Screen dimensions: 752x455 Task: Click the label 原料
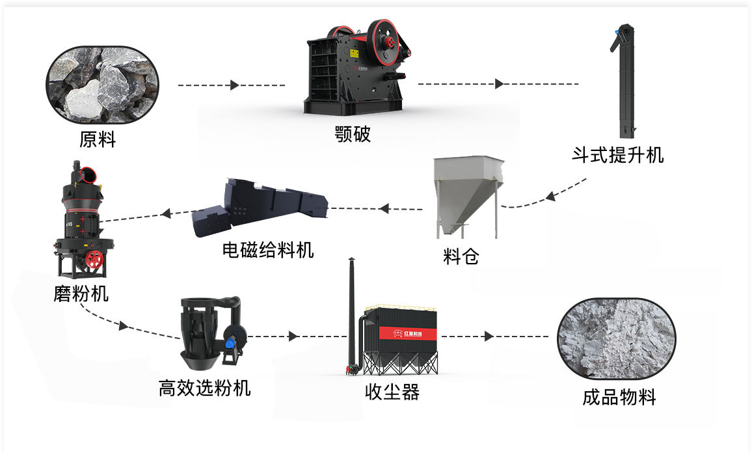98,140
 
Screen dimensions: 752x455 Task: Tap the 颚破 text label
353,134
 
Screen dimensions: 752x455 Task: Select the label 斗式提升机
618,155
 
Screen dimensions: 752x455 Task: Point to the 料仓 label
461,256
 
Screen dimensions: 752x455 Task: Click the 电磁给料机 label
268,249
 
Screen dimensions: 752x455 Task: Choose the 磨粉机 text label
81,294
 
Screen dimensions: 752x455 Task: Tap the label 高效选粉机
205,387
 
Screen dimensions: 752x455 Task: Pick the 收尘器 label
392,392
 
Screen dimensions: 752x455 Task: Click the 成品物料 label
619,397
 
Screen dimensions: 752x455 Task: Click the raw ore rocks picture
102,85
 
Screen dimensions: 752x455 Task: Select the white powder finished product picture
616,337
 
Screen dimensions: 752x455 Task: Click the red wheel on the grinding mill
94,258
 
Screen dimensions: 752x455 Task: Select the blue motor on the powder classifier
231,344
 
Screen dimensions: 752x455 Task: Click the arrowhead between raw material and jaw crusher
235,85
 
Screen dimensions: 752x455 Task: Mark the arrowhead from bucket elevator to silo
550,196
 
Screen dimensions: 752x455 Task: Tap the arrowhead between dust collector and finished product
489,336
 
